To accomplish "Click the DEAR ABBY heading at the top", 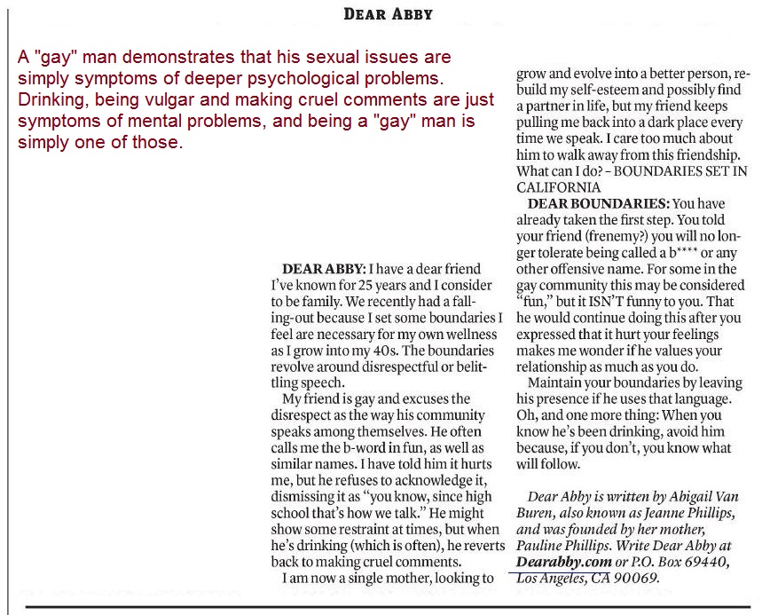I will pyautogui.click(x=388, y=13).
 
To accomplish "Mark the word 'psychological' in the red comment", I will pyautogui.click(x=337, y=81).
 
